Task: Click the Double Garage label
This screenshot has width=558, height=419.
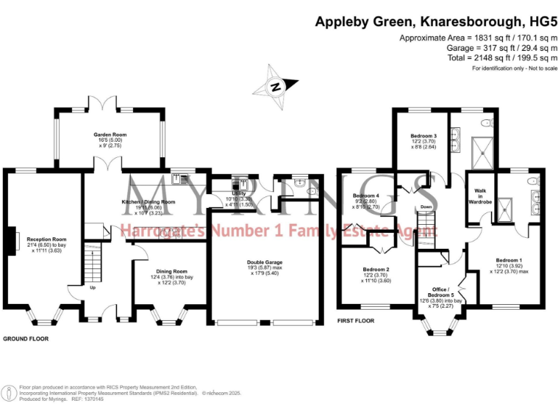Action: [264, 262]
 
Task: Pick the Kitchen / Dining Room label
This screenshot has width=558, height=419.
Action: [147, 201]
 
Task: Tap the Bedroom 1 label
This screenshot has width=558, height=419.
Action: [509, 260]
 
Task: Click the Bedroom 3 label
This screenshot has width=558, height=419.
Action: [423, 136]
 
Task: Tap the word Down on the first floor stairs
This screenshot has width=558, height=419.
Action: [426, 206]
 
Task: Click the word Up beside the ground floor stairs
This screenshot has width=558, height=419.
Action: [92, 287]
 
